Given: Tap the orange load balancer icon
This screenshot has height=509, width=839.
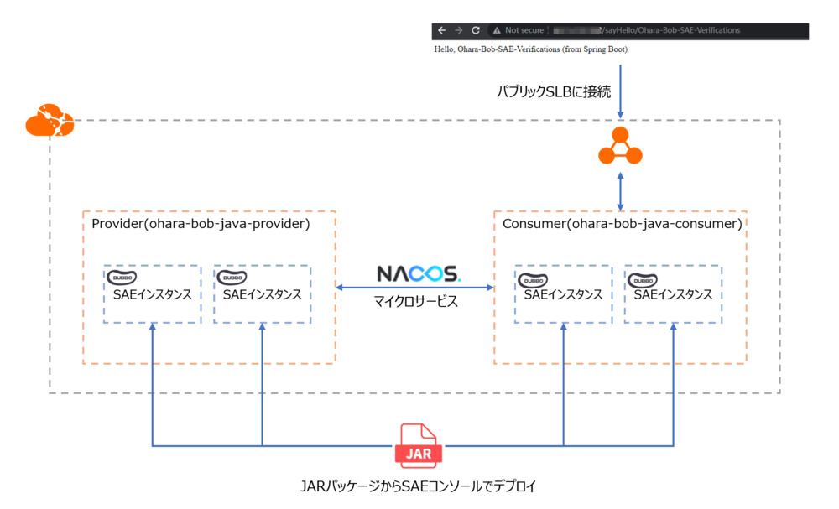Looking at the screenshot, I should click(620, 148).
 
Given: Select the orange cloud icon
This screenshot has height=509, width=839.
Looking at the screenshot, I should click(50, 122).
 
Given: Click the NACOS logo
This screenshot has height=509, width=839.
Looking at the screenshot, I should click(418, 273).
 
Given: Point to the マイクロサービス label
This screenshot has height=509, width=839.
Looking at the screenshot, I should click(416, 300).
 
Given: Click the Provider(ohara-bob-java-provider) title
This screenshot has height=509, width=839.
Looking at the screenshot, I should click(201, 224).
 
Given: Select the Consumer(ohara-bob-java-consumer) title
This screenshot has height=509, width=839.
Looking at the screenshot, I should click(622, 224).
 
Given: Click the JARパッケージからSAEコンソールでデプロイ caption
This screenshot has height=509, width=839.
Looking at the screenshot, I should click(417, 486).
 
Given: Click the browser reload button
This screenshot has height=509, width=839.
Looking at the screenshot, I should click(476, 30).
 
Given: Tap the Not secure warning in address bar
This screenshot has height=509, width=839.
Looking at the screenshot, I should click(519, 30).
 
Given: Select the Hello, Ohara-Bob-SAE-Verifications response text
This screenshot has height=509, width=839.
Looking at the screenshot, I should click(530, 49).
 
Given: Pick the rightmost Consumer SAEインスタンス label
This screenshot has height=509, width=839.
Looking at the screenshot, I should click(673, 294).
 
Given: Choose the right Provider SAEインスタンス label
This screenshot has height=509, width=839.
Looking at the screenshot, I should click(262, 294).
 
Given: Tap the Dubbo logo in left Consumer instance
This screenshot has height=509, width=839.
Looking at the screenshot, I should click(534, 279).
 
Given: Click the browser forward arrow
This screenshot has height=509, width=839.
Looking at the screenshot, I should click(458, 30).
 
